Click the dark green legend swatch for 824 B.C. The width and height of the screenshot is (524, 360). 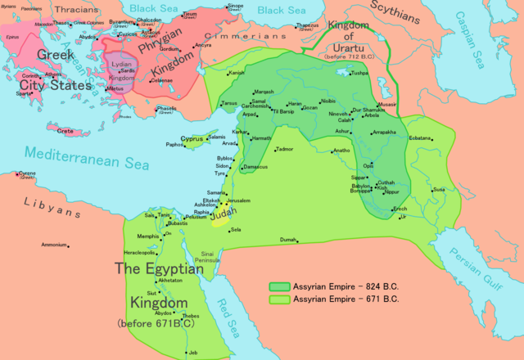[x=279, y=287]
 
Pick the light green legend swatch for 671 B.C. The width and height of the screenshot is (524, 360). [x=279, y=299]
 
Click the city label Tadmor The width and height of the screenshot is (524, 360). [x=283, y=150]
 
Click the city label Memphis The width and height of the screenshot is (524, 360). [x=147, y=236]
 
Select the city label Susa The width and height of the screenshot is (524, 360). [x=439, y=190]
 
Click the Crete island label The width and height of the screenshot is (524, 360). [x=65, y=130]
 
